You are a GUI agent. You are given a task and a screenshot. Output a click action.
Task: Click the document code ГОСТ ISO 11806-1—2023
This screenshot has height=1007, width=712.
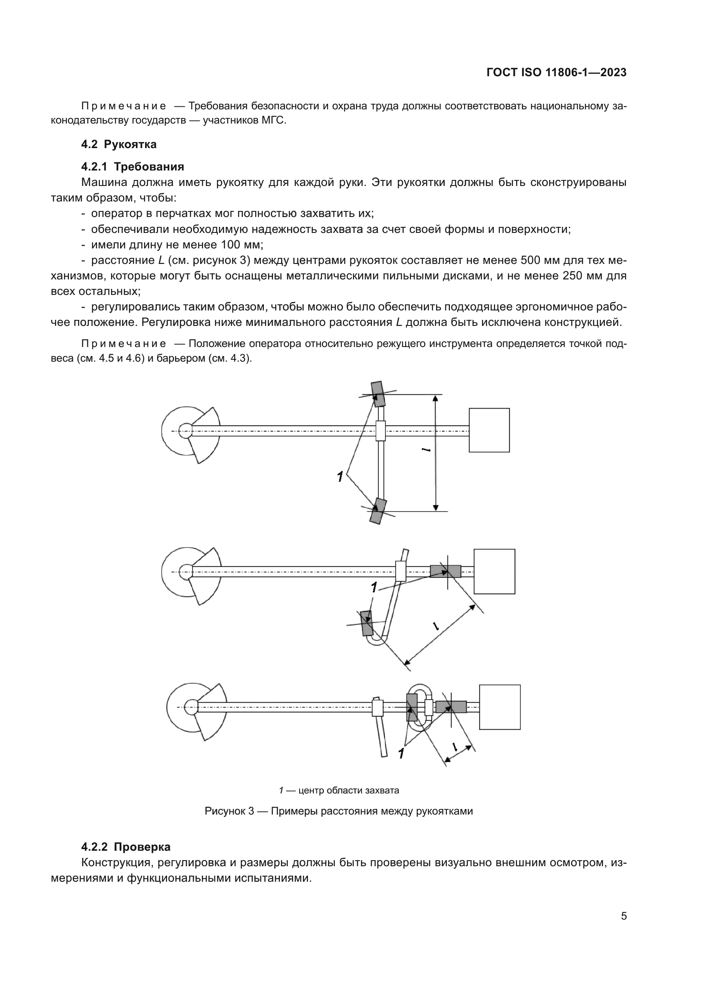[556, 72]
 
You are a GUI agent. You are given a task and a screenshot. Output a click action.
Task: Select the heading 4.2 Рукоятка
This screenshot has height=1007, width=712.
[119, 144]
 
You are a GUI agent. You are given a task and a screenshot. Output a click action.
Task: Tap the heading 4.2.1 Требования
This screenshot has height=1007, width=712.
[133, 167]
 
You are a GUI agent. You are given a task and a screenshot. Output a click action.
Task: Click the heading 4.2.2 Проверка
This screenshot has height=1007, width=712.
[126, 846]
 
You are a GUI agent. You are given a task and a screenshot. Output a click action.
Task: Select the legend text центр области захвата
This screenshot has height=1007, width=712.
[349, 790]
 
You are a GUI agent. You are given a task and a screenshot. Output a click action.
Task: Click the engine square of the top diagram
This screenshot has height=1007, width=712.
[489, 430]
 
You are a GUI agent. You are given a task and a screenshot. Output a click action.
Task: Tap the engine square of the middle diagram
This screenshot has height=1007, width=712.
[494, 571]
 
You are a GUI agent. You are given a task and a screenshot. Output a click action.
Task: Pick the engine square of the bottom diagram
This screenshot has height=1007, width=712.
[499, 707]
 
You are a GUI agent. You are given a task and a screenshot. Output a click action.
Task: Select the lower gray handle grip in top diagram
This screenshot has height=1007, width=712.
[378, 511]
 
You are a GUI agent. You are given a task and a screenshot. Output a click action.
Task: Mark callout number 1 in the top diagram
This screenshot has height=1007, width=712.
[340, 476]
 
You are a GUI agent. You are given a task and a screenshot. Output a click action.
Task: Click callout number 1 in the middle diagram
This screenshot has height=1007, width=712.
[374, 587]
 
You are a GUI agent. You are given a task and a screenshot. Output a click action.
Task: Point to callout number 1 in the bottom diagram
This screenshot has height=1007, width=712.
[401, 753]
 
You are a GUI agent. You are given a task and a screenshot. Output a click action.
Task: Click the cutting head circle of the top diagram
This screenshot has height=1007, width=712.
[180, 431]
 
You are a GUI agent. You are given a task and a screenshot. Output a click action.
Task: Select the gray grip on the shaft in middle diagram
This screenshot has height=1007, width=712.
[445, 571]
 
